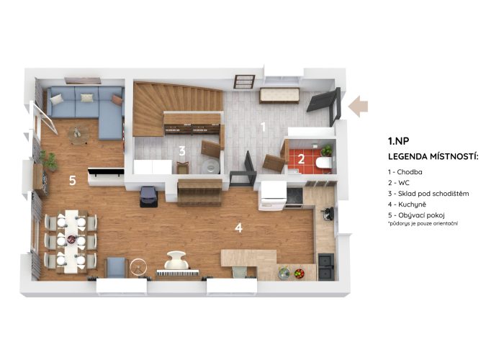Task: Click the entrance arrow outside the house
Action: click(358, 107)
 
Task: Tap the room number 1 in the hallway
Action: click(263, 127)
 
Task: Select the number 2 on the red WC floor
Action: click(301, 159)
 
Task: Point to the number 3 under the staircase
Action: click(182, 150)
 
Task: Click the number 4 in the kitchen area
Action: click(238, 228)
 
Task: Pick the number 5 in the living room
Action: click(73, 180)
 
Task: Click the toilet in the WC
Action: click(324, 163)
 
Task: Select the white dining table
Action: click(71, 241)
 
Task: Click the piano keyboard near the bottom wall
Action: click(178, 273)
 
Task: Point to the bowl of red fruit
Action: click(300, 273)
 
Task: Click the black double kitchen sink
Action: click(326, 266)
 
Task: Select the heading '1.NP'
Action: click(399, 141)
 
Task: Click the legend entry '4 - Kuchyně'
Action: click(407, 204)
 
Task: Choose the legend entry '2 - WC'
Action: click(399, 183)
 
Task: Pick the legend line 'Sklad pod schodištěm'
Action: click(433, 194)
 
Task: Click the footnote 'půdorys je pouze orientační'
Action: click(423, 223)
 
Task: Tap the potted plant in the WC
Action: click(327, 150)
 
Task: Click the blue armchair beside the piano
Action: click(116, 267)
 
